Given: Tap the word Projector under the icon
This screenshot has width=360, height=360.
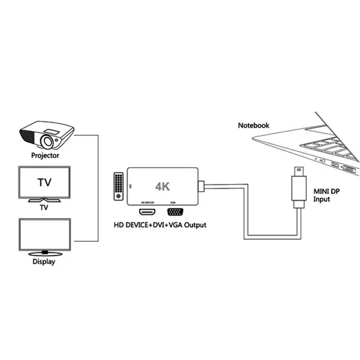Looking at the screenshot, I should point(46,155).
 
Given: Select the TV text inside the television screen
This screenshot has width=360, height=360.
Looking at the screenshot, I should point(45,182).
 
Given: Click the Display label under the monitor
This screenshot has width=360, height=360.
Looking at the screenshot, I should point(45,262).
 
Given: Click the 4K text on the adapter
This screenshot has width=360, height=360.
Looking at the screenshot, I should point(163,186).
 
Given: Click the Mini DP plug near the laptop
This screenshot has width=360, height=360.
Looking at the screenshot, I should point(298,189).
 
